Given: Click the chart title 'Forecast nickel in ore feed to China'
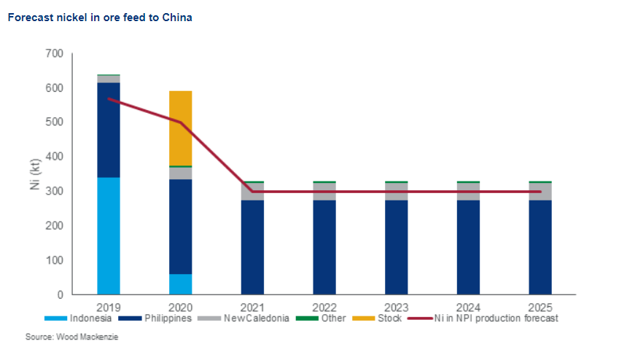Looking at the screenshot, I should click(x=100, y=17).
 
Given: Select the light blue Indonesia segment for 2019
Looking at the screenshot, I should click(x=109, y=235).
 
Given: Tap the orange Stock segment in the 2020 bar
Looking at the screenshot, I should click(x=180, y=128).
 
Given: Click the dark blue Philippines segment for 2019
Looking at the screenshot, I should click(x=109, y=130).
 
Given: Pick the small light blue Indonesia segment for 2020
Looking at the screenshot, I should click(x=180, y=284).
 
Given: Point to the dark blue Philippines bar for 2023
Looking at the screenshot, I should click(x=397, y=247).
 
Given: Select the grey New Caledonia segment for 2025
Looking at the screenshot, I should click(x=540, y=192).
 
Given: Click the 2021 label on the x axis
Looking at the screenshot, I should click(x=252, y=307).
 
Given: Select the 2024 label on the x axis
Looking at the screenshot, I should click(x=468, y=307).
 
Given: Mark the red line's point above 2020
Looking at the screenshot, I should click(x=180, y=122).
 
